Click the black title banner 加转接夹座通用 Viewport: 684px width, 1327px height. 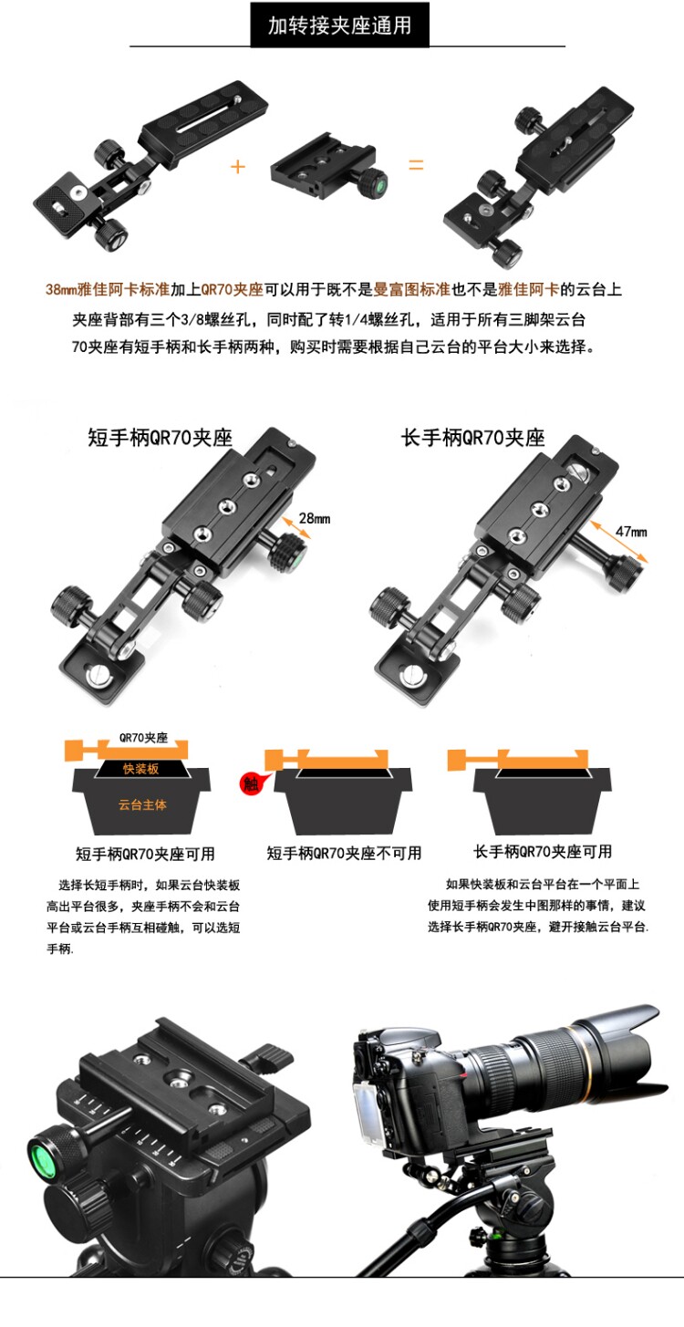(x=339, y=25)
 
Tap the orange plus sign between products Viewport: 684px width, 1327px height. (x=237, y=167)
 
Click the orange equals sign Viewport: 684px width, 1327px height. (x=416, y=165)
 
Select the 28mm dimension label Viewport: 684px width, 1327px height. (x=315, y=518)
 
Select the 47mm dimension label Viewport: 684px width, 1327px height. (x=631, y=532)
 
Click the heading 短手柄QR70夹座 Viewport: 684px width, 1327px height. (x=160, y=438)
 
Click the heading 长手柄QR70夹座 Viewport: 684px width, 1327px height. (x=472, y=438)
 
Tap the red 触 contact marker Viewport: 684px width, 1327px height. (x=251, y=783)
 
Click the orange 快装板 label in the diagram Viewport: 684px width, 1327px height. (x=141, y=768)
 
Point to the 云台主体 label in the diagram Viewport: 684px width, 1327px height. (x=142, y=804)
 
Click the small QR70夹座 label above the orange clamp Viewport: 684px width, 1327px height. (x=143, y=738)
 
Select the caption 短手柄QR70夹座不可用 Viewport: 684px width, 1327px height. (x=344, y=853)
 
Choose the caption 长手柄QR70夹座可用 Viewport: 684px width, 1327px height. (x=543, y=851)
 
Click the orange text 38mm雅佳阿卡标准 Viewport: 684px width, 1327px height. (x=108, y=290)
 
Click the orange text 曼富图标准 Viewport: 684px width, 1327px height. (x=411, y=290)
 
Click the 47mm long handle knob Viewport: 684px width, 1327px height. (x=625, y=573)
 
